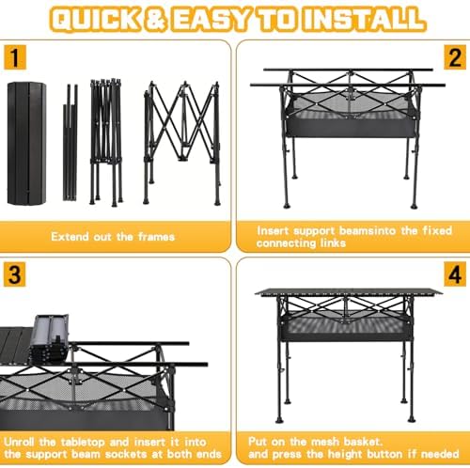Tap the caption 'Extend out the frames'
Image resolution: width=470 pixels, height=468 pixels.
coord(113,237)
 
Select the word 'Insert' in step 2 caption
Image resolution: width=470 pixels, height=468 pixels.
coord(275,230)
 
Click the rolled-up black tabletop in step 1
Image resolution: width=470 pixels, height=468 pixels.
coord(25,141)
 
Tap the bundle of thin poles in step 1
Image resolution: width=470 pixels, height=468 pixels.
coord(71,141)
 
